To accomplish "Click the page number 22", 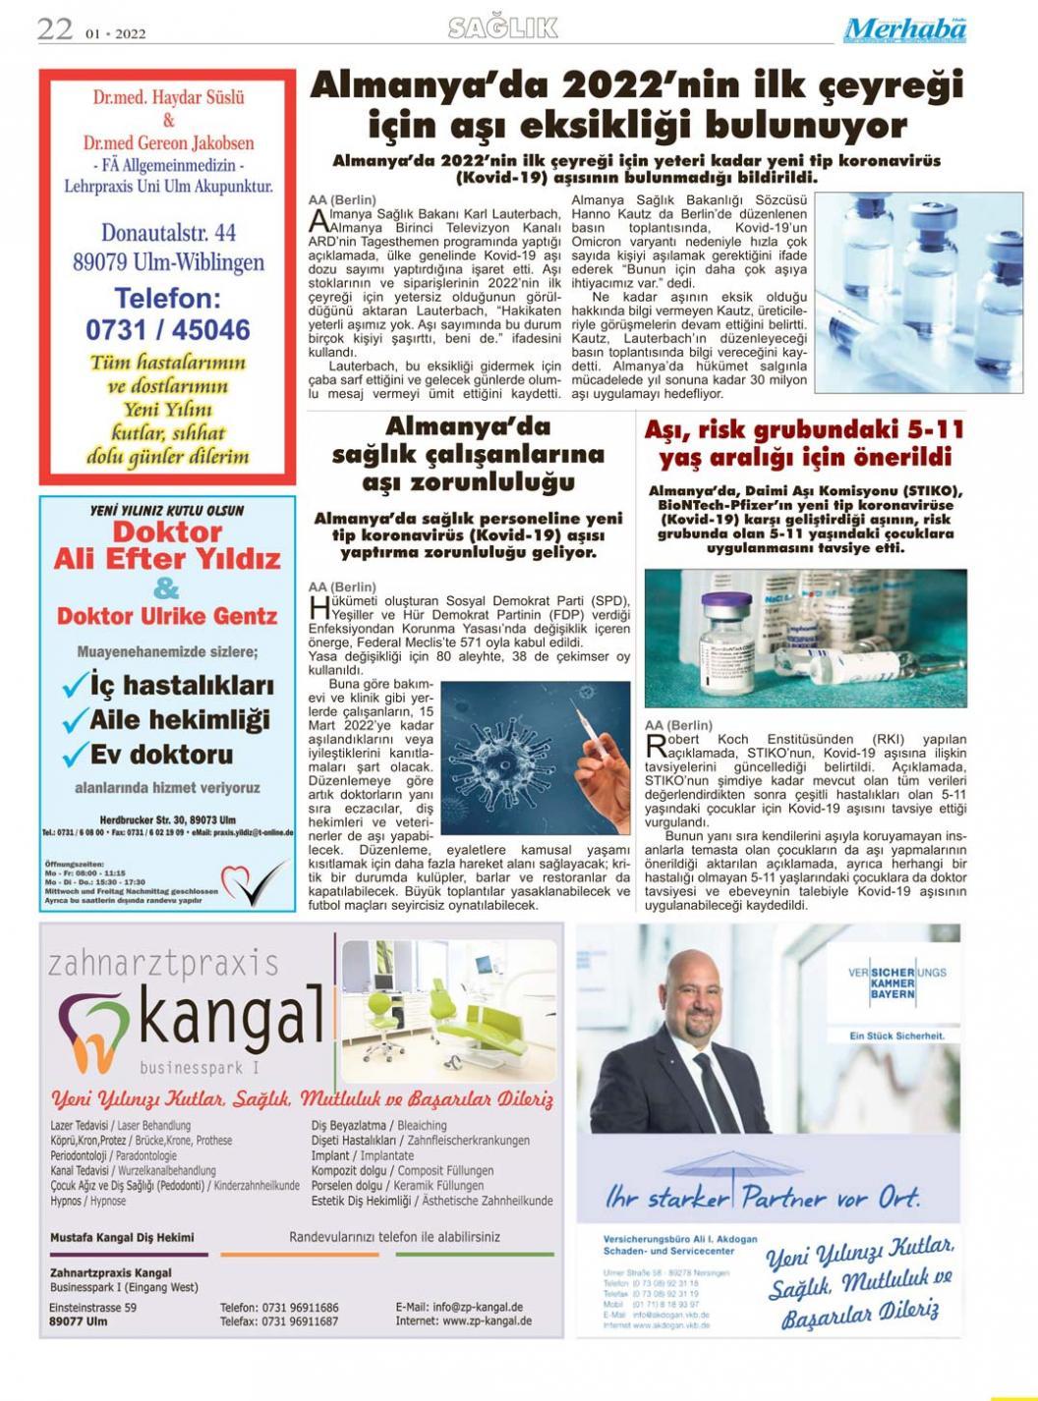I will click(55, 29).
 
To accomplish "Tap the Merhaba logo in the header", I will click(904, 30).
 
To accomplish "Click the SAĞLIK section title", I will click(503, 28).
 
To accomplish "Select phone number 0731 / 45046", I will click(168, 329).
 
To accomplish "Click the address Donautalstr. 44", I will click(168, 234).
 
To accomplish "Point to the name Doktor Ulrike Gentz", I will click(167, 616).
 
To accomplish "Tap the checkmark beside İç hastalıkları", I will click(75, 686).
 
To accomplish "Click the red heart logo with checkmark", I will click(254, 880).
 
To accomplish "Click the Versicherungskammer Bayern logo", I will click(883, 984).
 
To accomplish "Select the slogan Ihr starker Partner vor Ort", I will click(763, 1198).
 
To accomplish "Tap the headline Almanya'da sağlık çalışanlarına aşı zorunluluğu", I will click(468, 455).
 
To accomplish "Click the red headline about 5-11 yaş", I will click(803, 443).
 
